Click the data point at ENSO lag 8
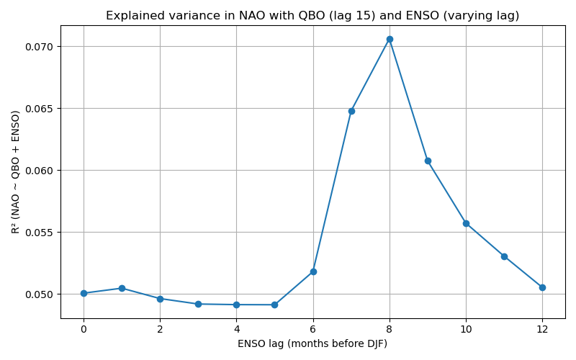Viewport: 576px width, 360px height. point(390,39)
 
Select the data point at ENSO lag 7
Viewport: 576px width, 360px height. point(351,111)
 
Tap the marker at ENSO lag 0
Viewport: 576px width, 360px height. point(84,293)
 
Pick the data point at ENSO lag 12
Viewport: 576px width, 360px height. point(542,287)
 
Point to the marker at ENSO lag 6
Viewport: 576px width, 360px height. point(313,271)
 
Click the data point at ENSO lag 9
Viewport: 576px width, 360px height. point(428,161)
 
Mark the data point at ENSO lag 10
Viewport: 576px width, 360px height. point(466,223)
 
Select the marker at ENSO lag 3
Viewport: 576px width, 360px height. point(198,304)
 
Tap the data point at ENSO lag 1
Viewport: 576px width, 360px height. point(122,288)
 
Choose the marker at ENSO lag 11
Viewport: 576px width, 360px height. point(504,256)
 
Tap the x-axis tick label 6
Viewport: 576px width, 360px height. point(313,329)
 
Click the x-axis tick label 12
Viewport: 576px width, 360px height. point(542,329)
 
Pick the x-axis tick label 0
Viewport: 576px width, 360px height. point(84,329)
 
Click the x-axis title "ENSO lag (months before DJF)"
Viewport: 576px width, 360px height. point(312,343)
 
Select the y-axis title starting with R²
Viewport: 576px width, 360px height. point(16,171)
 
